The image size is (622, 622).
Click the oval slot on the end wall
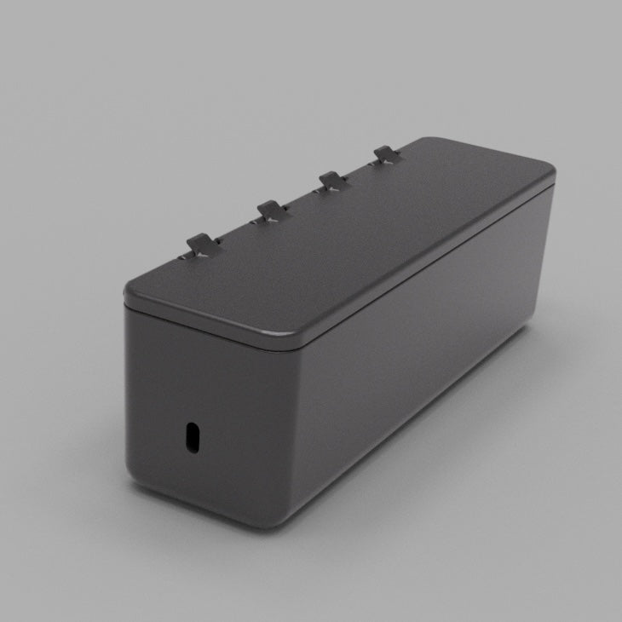[x=193, y=438]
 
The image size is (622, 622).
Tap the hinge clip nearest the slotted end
[x=202, y=245]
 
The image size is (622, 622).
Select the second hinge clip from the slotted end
[x=270, y=210]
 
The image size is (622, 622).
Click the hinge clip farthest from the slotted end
[x=385, y=155]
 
